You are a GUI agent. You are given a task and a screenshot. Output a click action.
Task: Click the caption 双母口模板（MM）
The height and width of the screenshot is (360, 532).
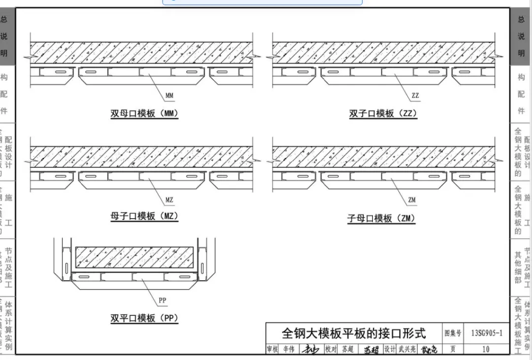click(144, 114)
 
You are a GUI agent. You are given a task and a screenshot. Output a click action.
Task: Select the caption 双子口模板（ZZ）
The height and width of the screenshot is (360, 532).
click(383, 114)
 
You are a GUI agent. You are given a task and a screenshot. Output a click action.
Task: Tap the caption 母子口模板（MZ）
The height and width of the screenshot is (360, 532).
click(144, 216)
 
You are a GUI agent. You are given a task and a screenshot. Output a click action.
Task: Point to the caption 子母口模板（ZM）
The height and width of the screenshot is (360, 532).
click(381, 218)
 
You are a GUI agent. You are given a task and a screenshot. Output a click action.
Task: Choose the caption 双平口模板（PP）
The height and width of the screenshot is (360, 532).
click(144, 318)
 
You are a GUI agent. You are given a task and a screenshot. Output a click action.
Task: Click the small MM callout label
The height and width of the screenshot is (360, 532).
click(169, 96)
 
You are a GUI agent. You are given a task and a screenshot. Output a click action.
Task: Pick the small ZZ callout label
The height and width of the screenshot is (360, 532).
click(415, 96)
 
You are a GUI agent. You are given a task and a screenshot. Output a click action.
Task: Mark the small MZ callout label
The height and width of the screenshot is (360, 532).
click(169, 200)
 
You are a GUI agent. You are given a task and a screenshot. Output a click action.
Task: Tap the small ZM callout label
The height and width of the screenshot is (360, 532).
click(412, 200)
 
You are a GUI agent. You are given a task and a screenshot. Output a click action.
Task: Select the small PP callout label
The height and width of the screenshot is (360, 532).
click(163, 300)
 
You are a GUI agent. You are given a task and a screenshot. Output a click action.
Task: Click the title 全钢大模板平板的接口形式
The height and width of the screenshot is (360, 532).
click(353, 333)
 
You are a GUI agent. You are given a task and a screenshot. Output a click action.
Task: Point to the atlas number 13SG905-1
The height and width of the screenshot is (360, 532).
click(487, 333)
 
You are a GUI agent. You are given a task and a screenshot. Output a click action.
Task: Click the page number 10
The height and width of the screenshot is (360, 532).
click(486, 349)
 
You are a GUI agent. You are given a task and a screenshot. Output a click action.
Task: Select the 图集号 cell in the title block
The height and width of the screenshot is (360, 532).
click(453, 333)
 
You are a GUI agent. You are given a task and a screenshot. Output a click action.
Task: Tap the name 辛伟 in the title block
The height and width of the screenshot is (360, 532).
click(289, 349)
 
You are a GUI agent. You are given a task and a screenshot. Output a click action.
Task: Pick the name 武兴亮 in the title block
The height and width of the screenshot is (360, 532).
click(406, 349)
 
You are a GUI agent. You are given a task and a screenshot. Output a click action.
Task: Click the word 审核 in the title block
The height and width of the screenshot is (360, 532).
click(272, 349)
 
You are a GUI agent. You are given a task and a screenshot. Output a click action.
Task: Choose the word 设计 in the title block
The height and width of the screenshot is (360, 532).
click(390, 349)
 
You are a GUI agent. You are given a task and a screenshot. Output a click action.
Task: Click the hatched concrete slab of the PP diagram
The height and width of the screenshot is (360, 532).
click(135, 257)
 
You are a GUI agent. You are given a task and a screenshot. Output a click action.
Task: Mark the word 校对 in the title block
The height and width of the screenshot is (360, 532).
click(331, 349)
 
